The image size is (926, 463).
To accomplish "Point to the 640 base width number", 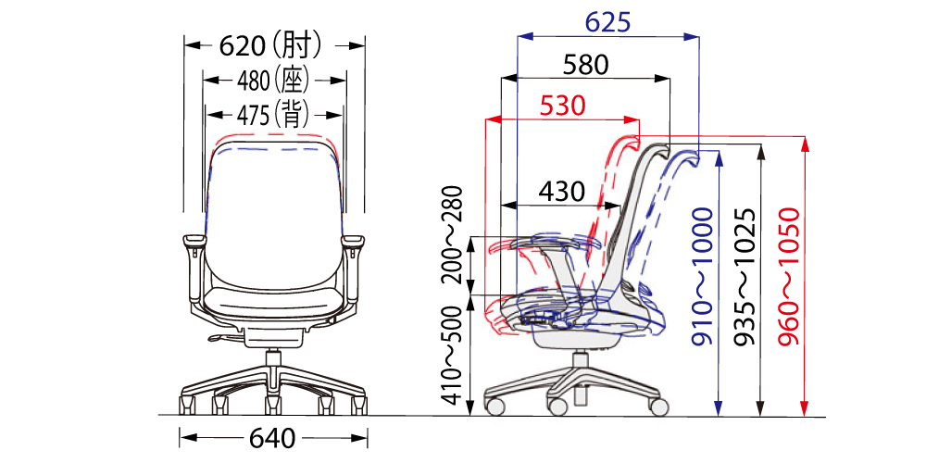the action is pyautogui.click(x=271, y=438).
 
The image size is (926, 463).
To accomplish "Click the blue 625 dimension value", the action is pyautogui.click(x=608, y=23).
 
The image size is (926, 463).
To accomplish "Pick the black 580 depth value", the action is pyautogui.click(x=585, y=65).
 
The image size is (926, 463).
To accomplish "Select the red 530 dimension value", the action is pyautogui.click(x=562, y=106).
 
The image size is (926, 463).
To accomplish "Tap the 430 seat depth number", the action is pyautogui.click(x=562, y=192).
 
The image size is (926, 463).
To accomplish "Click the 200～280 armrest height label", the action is pyautogui.click(x=453, y=234).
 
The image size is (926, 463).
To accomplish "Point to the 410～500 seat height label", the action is pyautogui.click(x=453, y=356).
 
